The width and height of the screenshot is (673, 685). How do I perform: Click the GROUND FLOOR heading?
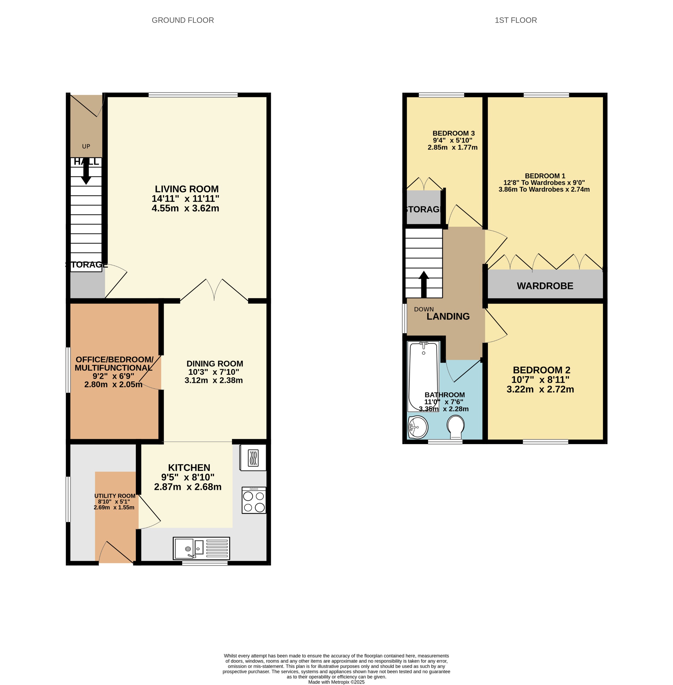click(x=183, y=20)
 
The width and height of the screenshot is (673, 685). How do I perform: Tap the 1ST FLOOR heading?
click(x=515, y=20)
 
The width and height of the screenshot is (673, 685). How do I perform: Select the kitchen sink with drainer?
click(x=201, y=548)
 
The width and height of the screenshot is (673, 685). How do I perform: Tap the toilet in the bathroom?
click(x=456, y=426)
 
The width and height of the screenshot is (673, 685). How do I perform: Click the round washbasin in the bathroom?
click(x=418, y=427)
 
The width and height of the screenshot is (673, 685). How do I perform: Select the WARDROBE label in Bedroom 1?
click(x=545, y=286)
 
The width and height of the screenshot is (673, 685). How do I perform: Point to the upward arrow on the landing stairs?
click(x=423, y=284)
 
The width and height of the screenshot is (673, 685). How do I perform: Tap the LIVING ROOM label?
click(x=187, y=189)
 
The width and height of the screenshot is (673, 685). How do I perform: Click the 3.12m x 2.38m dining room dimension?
click(x=213, y=380)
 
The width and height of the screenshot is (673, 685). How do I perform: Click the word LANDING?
click(x=448, y=316)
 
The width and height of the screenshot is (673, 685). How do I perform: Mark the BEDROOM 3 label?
click(x=453, y=133)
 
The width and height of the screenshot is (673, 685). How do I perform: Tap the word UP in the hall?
click(x=86, y=146)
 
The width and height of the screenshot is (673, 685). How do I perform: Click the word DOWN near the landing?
click(x=423, y=309)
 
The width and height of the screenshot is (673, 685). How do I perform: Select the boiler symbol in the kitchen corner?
click(x=253, y=458)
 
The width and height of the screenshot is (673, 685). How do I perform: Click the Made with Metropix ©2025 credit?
click(x=336, y=682)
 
